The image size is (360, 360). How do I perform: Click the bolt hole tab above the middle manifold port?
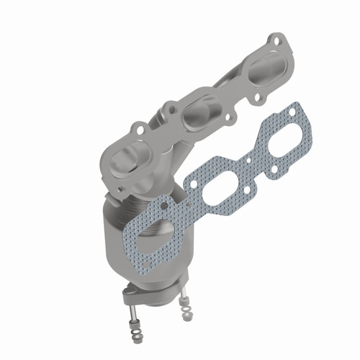click(x=171, y=109)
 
